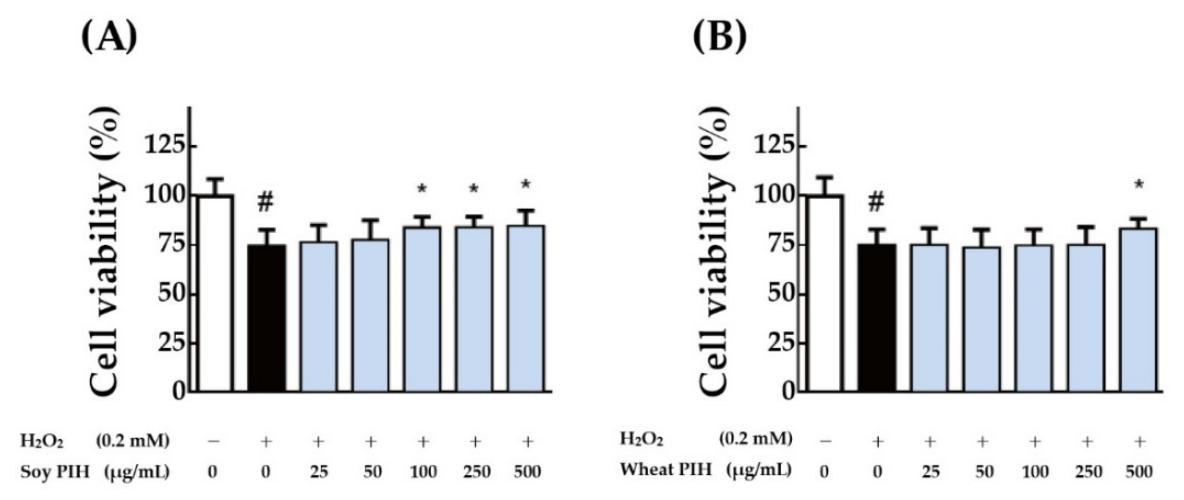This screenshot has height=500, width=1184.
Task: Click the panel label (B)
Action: [719, 37]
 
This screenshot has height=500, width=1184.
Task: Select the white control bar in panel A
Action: [215, 294]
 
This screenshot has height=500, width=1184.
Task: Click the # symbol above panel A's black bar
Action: [266, 202]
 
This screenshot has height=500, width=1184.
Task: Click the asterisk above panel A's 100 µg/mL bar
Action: [422, 189]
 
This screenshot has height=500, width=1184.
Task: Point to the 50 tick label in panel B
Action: [780, 293]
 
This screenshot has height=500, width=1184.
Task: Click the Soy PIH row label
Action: [55, 471]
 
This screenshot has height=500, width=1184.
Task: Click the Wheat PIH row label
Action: [666, 470]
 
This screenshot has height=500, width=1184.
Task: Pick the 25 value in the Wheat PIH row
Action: [930, 471]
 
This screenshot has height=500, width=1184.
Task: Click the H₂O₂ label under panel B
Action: [641, 439]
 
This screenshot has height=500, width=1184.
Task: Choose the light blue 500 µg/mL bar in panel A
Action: [527, 308]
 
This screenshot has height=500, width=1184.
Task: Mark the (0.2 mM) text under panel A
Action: [132, 441]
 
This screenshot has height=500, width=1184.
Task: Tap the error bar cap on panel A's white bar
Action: [215, 179]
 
